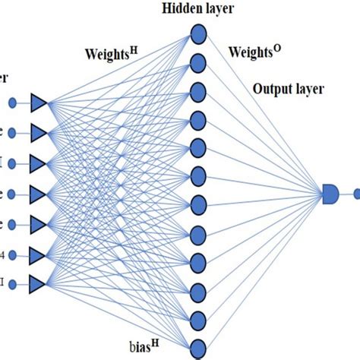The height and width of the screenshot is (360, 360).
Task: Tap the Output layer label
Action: pos(288,89)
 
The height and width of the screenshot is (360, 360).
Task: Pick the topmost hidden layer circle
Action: pos(197,33)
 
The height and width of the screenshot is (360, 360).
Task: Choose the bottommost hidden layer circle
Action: pos(197,349)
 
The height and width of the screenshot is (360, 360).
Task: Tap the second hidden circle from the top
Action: pos(197,61)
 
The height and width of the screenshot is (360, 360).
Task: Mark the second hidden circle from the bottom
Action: pos(197,320)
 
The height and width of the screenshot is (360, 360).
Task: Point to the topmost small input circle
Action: pos(13,103)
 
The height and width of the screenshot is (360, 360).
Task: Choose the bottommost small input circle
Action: pos(13,284)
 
